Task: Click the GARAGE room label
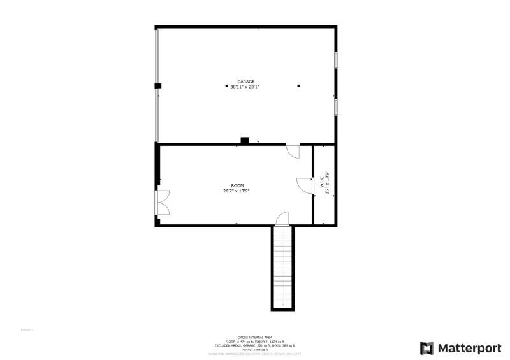click(x=246, y=82)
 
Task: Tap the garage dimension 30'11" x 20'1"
click(x=246, y=87)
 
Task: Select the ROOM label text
click(x=237, y=185)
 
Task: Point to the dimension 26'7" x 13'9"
click(x=237, y=191)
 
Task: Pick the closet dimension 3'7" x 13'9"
click(x=327, y=183)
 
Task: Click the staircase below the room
click(x=282, y=268)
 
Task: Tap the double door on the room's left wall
click(x=163, y=202)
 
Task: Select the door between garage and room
click(x=293, y=151)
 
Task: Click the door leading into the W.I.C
click(x=303, y=185)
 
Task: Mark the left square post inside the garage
click(x=227, y=86)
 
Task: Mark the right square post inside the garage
click(x=298, y=86)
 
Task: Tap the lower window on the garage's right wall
click(x=336, y=106)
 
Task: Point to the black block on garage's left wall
click(x=157, y=85)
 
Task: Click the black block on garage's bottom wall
click(x=244, y=141)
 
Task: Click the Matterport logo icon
click(x=426, y=348)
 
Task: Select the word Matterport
click(x=469, y=348)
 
